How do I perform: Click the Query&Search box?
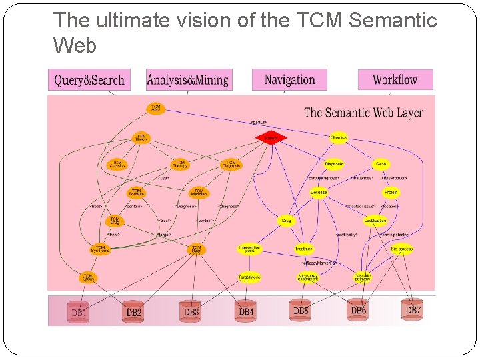point(89,80)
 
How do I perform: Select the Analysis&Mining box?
point(189,80)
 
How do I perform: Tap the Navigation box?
point(289,79)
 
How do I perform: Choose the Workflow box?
point(395,79)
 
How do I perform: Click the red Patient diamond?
point(271,138)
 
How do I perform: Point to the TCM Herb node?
point(155,107)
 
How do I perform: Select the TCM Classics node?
point(117,163)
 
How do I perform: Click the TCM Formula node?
point(136,193)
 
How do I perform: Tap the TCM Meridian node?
point(198,193)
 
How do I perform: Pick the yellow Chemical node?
point(339,138)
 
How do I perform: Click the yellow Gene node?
point(381,164)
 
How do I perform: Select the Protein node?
point(391,193)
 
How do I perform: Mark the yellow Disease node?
point(319,193)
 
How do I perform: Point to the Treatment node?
point(304,249)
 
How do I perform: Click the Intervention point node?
point(249,249)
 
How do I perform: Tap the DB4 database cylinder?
point(246,311)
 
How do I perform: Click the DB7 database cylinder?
point(413,309)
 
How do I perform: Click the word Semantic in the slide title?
point(393,21)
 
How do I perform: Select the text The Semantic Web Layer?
point(363,113)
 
